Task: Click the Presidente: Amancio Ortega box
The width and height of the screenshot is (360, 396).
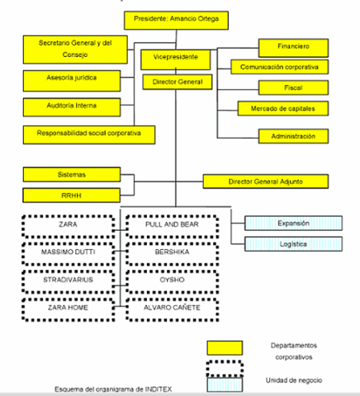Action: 176,21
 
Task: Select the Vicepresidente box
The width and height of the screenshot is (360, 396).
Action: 176,59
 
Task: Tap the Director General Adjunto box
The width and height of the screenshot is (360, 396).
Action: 266,181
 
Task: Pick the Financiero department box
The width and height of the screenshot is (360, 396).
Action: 293,48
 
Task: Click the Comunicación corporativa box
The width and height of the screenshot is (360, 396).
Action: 280,67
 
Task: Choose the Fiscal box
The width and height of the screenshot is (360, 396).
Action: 293,87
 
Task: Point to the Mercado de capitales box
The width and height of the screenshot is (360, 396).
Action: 283,109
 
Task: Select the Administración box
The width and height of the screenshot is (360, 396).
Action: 293,136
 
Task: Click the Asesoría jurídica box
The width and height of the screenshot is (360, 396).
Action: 72,81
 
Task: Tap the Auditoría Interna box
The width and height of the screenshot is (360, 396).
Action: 72,107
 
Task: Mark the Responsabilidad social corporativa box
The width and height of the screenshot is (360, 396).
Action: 89,134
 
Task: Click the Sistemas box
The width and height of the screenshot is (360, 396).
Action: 72,174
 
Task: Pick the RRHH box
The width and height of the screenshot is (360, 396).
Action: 72,196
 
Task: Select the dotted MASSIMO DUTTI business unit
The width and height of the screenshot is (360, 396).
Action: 69,254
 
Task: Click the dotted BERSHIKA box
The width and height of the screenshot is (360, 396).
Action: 173,254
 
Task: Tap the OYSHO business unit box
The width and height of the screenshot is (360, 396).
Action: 173,281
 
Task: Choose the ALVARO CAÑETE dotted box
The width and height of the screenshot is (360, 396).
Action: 173,309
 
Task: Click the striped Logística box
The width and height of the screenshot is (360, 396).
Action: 293,244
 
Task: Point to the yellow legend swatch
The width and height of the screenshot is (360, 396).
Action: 225,348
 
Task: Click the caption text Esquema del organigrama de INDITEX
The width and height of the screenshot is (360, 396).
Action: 113,389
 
